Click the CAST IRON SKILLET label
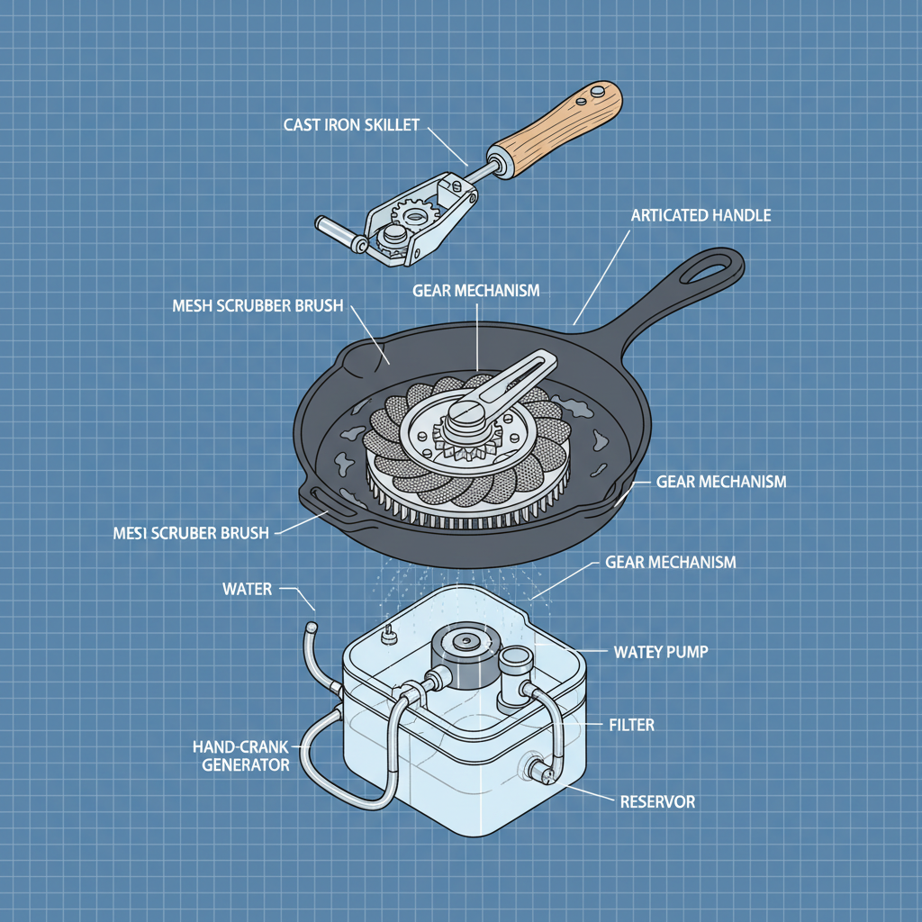(351, 124)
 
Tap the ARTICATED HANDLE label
(701, 216)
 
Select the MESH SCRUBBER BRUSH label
(257, 306)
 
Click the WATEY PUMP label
(660, 651)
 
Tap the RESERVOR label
(657, 800)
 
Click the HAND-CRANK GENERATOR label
(240, 755)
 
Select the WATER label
(247, 590)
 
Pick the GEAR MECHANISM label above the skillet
(476, 290)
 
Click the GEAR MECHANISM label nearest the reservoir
(671, 563)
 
